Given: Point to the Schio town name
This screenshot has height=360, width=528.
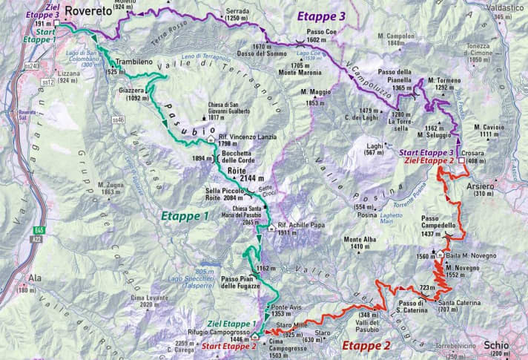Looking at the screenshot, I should pyautogui.click(x=495, y=345).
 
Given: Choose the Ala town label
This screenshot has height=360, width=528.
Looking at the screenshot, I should pyautogui.click(x=35, y=278).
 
